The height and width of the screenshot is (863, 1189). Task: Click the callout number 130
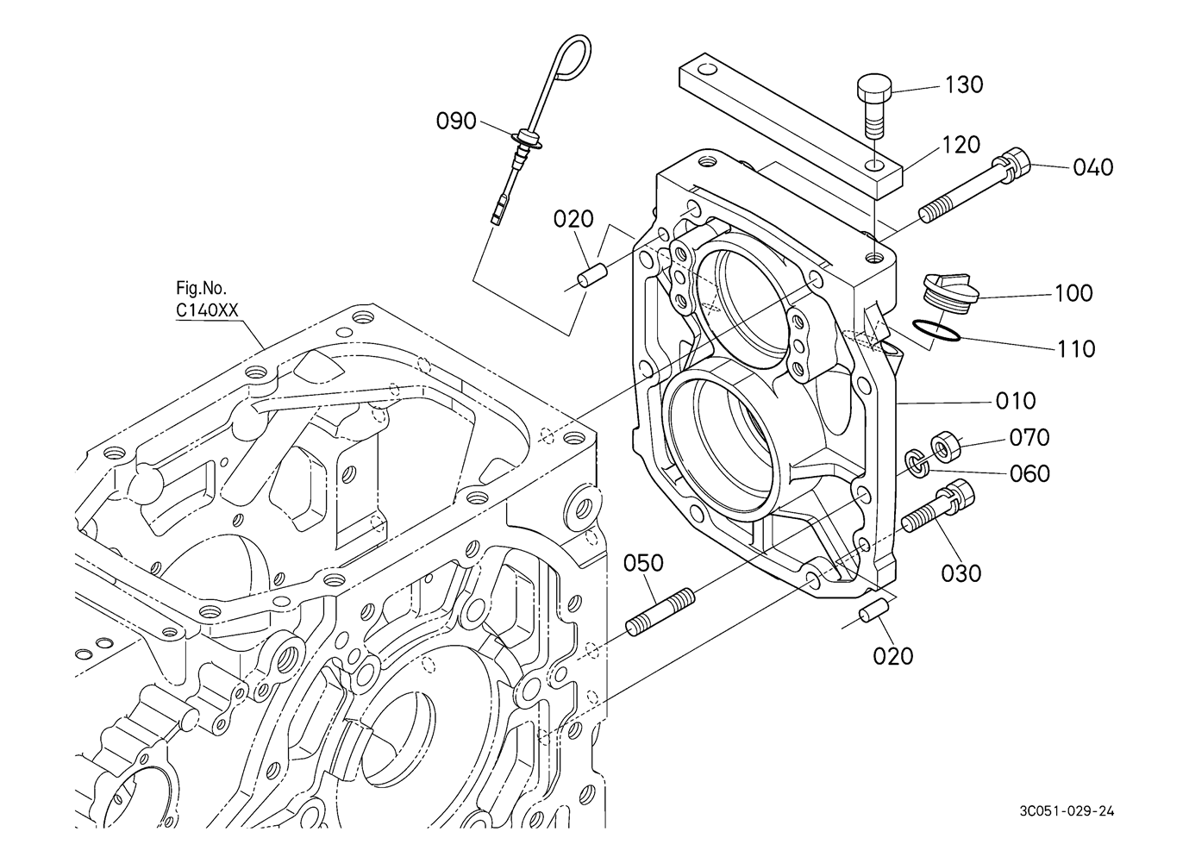click(x=964, y=84)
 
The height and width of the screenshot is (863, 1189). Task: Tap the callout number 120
click(x=961, y=144)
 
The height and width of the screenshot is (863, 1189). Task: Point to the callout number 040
click(x=1092, y=166)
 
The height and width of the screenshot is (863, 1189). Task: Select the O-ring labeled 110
click(x=936, y=333)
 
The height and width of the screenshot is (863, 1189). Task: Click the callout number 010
click(x=1016, y=401)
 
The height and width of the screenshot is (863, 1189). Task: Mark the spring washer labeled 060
click(x=916, y=461)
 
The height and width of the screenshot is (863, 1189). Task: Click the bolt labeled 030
click(x=940, y=509)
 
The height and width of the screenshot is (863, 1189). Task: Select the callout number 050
click(x=644, y=563)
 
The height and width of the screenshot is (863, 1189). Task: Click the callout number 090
click(x=456, y=121)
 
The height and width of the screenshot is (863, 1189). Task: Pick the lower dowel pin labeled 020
click(x=873, y=610)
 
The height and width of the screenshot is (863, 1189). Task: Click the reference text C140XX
click(x=207, y=310)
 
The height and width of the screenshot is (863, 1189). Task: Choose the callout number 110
click(x=1076, y=348)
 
